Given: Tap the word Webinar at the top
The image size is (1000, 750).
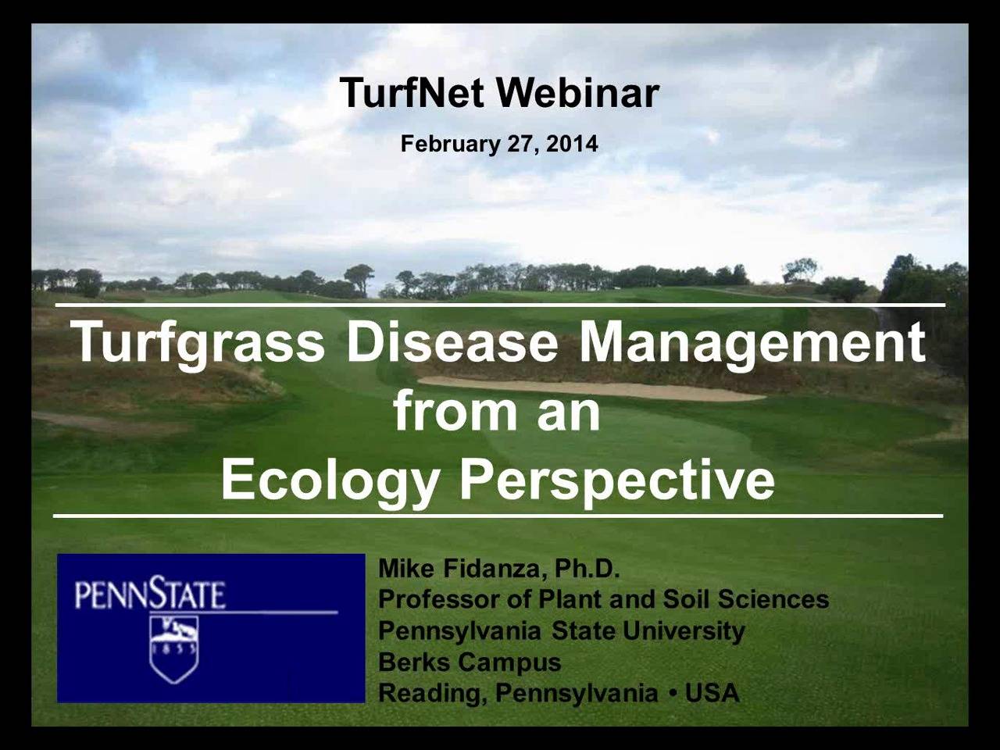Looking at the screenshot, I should pos(578,93).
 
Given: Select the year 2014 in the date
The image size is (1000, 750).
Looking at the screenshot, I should pos(572,145).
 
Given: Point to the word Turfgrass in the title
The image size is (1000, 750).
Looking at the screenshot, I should pos(198,342).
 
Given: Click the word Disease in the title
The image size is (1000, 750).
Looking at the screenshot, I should pos(452,342).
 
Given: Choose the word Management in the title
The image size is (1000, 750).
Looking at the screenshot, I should pos(752,342).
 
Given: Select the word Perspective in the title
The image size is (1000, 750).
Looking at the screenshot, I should pos(616,479).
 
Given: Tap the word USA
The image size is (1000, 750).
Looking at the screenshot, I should pos(712,694).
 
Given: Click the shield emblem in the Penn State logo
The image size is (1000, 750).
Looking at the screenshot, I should pos(174,648).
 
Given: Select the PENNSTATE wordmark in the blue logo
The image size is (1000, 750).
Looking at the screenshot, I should pos(150,595).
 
